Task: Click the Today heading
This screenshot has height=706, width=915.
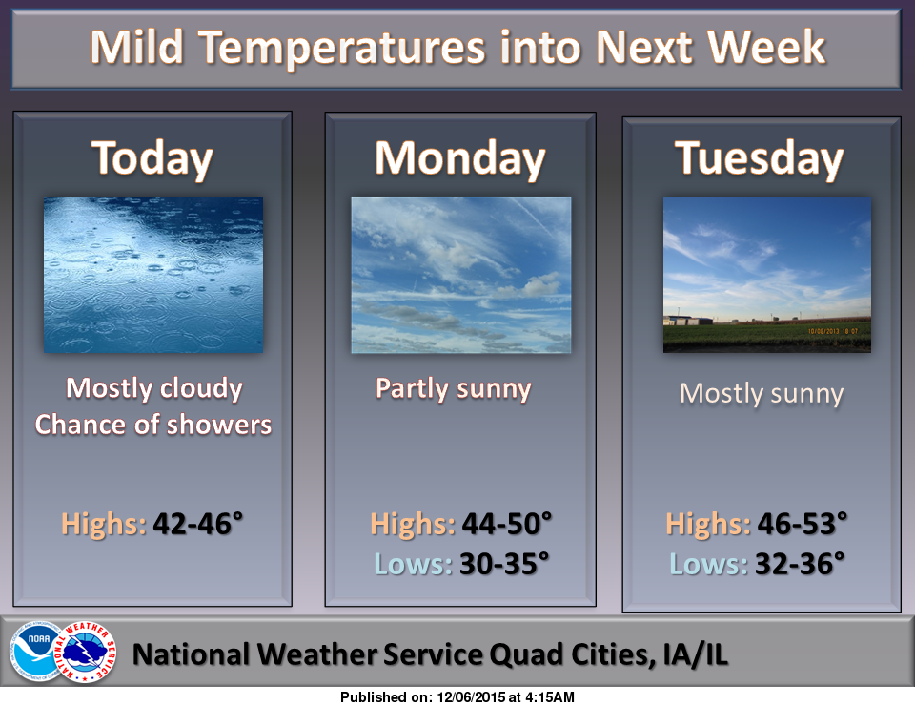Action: click(152, 158)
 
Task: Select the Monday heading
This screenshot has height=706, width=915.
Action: click(459, 158)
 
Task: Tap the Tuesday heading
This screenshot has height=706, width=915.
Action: click(760, 158)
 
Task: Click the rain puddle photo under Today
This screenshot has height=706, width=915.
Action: click(153, 275)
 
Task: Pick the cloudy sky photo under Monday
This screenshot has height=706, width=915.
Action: click(461, 275)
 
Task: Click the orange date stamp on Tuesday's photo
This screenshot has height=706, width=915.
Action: click(833, 331)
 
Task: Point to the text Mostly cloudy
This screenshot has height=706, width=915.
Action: click(154, 388)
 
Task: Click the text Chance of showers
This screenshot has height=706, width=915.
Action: click(153, 425)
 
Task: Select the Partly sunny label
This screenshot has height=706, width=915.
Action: click(454, 389)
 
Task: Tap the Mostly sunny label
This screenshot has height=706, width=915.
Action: click(762, 394)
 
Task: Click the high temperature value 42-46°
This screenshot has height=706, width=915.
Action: click(198, 524)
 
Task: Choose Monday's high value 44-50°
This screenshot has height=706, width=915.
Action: click(506, 524)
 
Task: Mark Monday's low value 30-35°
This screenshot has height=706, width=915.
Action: click(505, 564)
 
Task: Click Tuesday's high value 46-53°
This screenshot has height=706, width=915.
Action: click(803, 524)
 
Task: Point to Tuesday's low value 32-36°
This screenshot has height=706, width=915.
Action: click(800, 564)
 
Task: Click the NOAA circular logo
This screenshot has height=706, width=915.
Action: click(36, 651)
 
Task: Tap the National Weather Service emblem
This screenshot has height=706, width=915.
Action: click(85, 652)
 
